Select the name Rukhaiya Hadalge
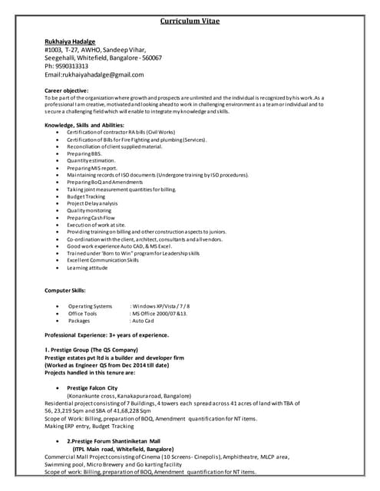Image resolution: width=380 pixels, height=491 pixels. (x=70, y=41)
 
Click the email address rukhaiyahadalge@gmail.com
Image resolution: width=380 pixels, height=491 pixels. (x=102, y=74)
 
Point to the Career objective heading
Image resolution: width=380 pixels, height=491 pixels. (x=67, y=91)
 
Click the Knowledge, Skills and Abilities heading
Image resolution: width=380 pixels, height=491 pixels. (x=84, y=124)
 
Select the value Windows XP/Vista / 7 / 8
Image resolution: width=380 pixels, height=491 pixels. (x=161, y=306)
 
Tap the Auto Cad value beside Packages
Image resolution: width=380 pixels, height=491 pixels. (x=145, y=321)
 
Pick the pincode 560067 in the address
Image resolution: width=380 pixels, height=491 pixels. (x=150, y=58)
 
